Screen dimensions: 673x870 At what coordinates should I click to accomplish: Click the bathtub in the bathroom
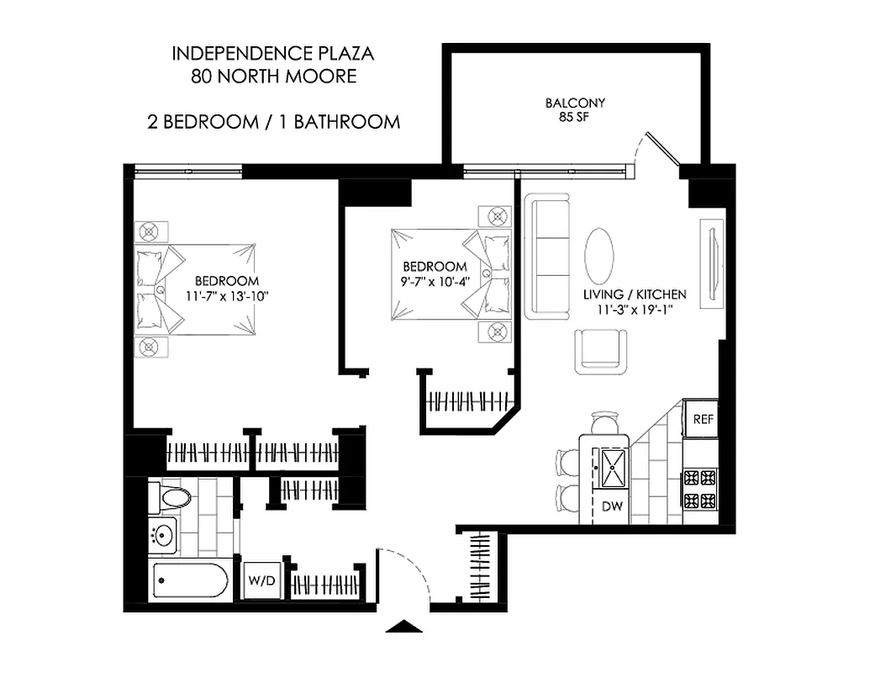click(190, 580)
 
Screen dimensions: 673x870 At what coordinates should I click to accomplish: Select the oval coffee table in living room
click(599, 256)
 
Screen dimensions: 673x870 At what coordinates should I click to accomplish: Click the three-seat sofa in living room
click(547, 256)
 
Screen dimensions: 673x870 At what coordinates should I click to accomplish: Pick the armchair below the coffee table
click(601, 350)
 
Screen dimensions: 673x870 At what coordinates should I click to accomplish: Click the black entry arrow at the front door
click(408, 627)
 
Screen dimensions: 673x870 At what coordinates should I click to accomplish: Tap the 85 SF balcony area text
click(575, 117)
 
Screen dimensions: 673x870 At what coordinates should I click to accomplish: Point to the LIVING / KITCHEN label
click(635, 295)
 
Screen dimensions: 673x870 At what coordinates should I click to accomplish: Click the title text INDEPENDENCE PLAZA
click(273, 54)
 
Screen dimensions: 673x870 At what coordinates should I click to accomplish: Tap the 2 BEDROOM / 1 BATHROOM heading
click(273, 121)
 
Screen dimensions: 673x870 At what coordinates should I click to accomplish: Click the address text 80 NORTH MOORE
click(273, 77)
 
